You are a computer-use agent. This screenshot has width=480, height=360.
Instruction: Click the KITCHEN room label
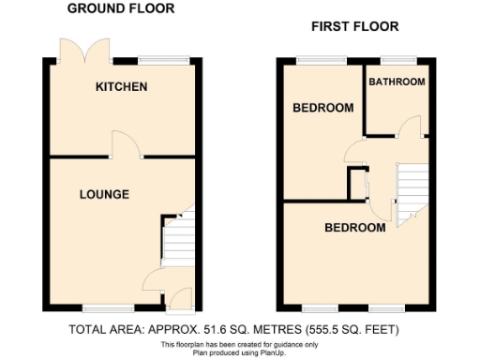coord(121,87)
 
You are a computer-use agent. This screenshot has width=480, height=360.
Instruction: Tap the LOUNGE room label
coord(104,194)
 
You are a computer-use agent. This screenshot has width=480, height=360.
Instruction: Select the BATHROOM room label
coord(397,82)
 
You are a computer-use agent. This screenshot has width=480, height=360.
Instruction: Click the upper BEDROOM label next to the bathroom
coord(323,108)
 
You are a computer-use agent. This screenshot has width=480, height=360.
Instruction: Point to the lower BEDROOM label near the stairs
coord(354,228)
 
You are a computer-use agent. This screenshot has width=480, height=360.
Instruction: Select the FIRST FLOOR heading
coord(354,26)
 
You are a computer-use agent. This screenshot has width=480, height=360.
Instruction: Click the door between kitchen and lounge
coord(127,145)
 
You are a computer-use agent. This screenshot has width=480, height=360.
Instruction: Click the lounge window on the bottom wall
coord(100,307)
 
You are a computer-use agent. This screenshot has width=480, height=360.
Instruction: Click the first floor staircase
coord(411,192)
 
